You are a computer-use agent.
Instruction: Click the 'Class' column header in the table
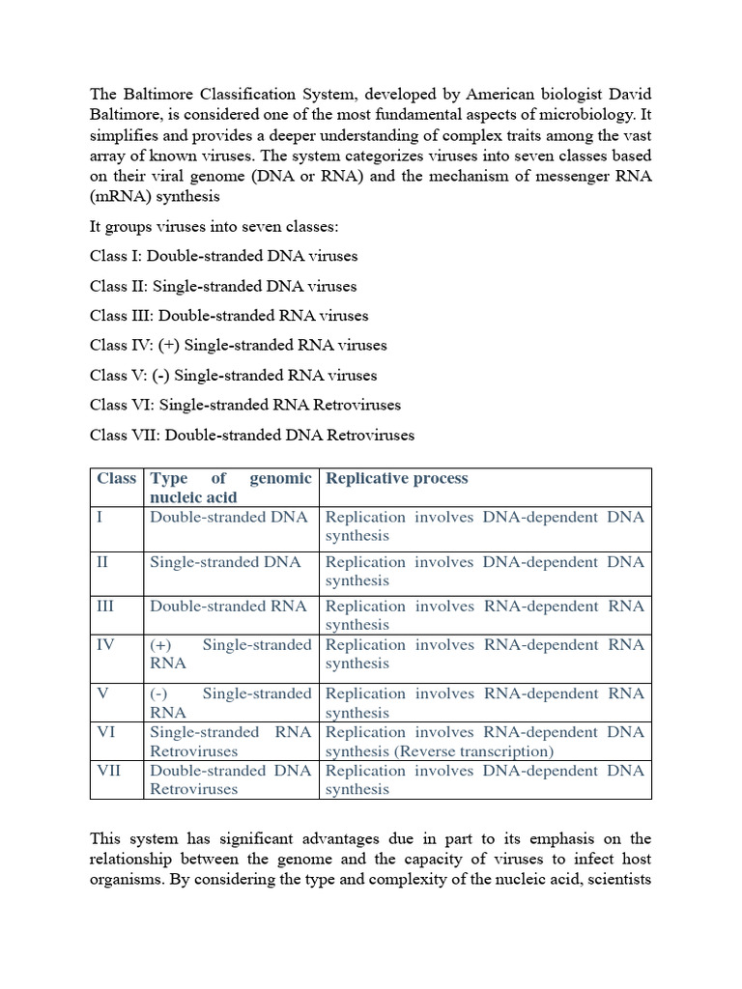[116, 478]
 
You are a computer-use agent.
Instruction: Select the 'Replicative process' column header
[396, 478]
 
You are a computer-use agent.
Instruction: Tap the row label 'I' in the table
[100, 517]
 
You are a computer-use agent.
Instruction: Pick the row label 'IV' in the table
[105, 644]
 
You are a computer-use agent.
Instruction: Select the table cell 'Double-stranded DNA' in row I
[228, 517]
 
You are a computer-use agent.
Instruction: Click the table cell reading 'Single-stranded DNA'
[225, 561]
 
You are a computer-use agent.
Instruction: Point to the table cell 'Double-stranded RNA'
[228, 606]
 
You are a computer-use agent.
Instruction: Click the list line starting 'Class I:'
[223, 256]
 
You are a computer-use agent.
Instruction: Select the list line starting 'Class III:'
[229, 315]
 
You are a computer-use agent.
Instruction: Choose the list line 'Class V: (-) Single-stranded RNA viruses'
[233, 375]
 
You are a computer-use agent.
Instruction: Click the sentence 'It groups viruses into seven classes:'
[221, 226]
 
